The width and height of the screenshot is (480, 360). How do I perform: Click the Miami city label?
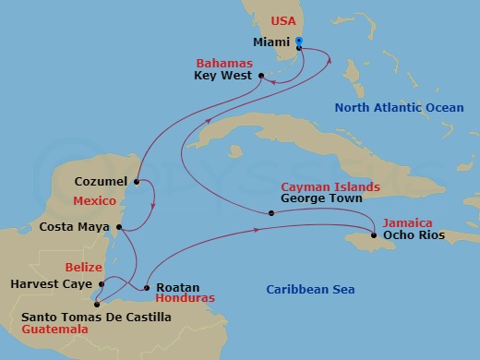[x=271, y=42]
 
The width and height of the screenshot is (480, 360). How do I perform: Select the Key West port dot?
[x=260, y=76]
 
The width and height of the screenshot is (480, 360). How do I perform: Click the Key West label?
[x=222, y=77]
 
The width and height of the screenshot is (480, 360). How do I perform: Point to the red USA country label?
[x=282, y=20]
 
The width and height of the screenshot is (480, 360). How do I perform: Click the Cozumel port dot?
[x=137, y=182]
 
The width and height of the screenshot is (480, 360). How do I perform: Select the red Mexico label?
[x=95, y=200]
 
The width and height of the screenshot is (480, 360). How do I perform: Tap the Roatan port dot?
[x=147, y=287]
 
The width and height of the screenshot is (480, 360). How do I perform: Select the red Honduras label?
[x=186, y=298]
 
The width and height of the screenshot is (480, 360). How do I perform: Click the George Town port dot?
[x=270, y=213]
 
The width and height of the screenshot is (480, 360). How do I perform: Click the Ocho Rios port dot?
[x=373, y=235]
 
